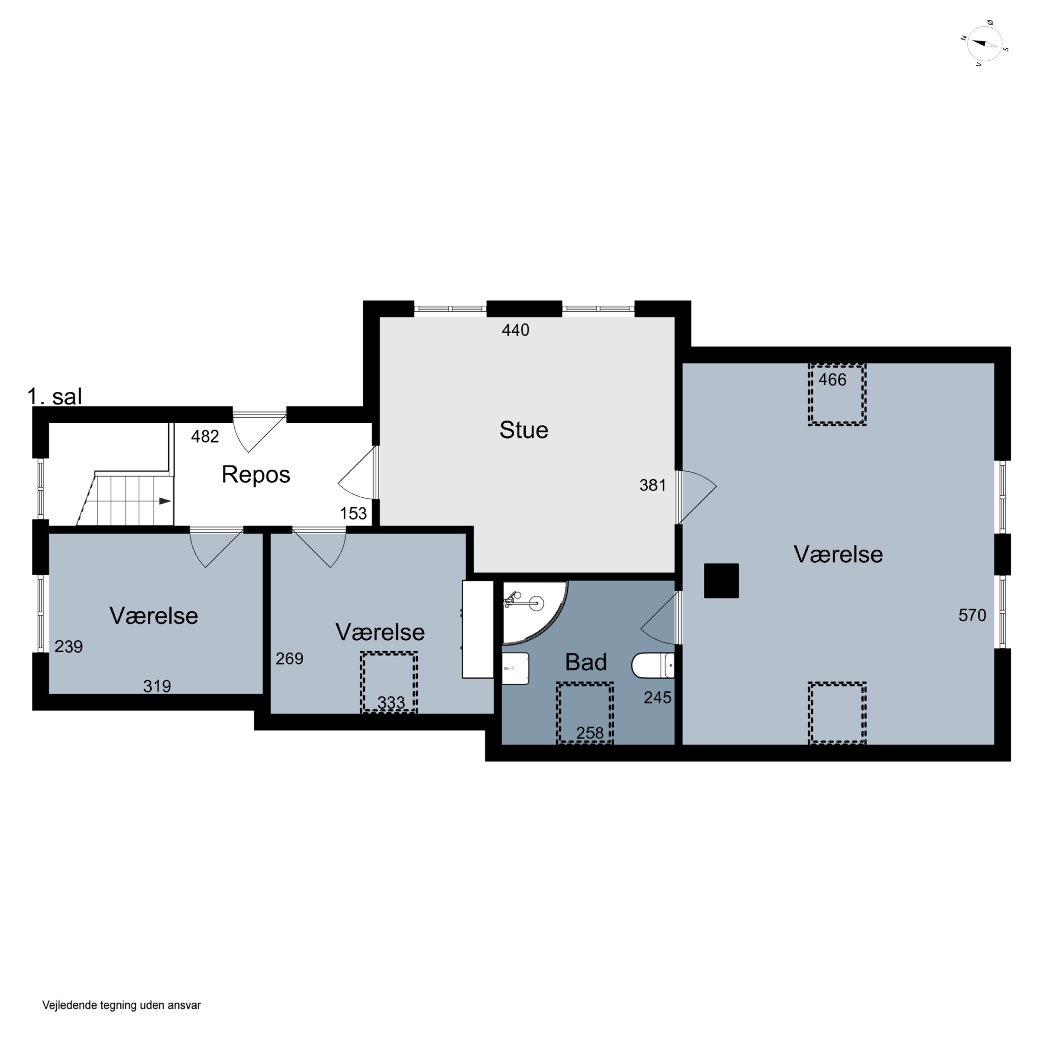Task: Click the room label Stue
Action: pyautogui.click(x=523, y=430)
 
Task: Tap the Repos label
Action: pyautogui.click(x=256, y=475)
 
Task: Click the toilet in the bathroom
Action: pyautogui.click(x=653, y=665)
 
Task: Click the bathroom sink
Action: pyautogui.click(x=515, y=668)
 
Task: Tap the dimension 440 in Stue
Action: pyautogui.click(x=515, y=330)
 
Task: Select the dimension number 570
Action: pyautogui.click(x=972, y=615)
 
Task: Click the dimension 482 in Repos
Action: pyautogui.click(x=205, y=436)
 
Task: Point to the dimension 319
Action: pyautogui.click(x=157, y=686)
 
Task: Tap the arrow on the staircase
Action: pyautogui.click(x=165, y=501)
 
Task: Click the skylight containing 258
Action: pyautogui.click(x=585, y=713)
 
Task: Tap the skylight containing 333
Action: pyautogui.click(x=389, y=682)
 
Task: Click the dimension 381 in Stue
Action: pyautogui.click(x=652, y=486)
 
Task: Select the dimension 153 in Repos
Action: pyautogui.click(x=353, y=514)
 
